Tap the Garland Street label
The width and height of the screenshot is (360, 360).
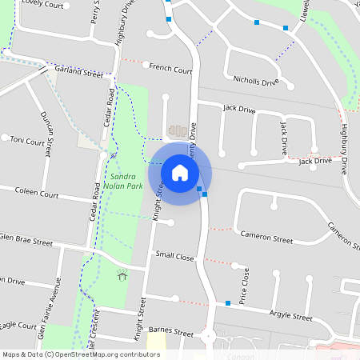pyautogui.click(x=78, y=73)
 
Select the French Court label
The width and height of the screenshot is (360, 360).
pyautogui.click(x=170, y=70)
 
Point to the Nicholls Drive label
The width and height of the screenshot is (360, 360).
pyautogui.click(x=256, y=82)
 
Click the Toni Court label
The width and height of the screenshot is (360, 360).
pyautogui.click(x=27, y=141)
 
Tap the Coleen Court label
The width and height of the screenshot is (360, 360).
pyautogui.click(x=38, y=194)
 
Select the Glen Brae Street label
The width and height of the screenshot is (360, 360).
pyautogui.click(x=26, y=239)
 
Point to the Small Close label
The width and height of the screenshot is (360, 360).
pyautogui.click(x=174, y=256)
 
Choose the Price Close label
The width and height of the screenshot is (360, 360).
pyautogui.click(x=246, y=282)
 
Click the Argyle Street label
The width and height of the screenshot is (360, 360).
pyautogui.click(x=290, y=317)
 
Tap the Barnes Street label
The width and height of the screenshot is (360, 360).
pyautogui.click(x=171, y=331)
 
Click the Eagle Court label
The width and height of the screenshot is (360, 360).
pyautogui.click(x=18, y=326)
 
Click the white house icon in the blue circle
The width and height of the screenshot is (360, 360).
pyautogui.click(x=180, y=173)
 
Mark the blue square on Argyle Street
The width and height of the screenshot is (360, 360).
pyautogui.click(x=228, y=302)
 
